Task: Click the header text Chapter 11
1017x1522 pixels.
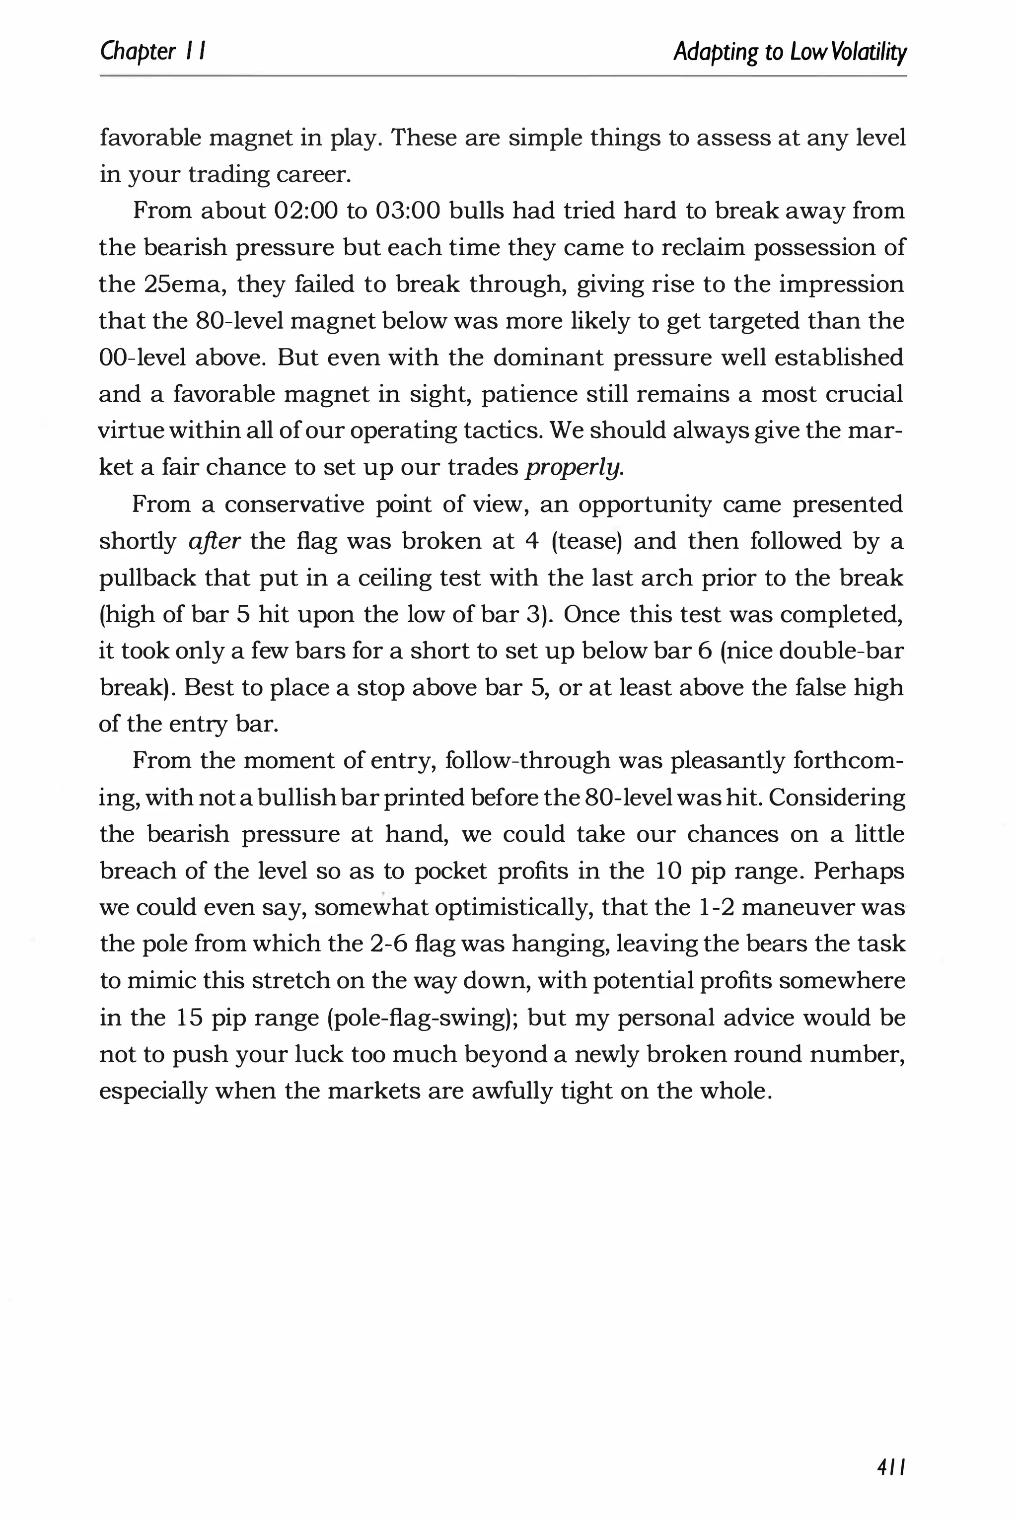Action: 153,51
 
